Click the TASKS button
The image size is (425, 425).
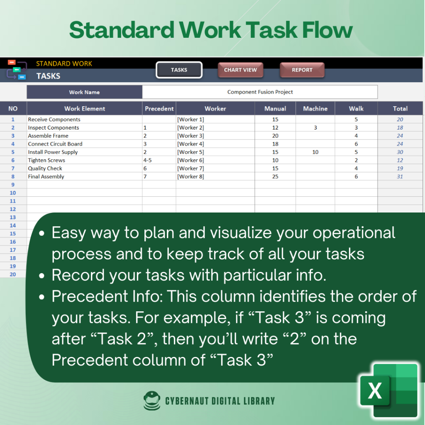pyautogui.click(x=179, y=70)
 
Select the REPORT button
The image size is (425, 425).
pyautogui.click(x=302, y=70)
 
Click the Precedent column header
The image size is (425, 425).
pyautogui.click(x=159, y=109)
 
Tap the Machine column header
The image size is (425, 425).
pyautogui.click(x=315, y=109)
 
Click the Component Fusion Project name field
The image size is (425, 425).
pyautogui.click(x=260, y=92)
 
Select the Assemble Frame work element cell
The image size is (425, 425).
pyautogui.click(x=85, y=136)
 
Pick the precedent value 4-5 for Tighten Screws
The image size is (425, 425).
pyautogui.click(x=147, y=160)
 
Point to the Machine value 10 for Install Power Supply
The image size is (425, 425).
pyautogui.click(x=315, y=152)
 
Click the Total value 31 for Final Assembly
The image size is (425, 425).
pyautogui.click(x=400, y=176)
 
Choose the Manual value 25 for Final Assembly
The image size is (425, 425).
pyautogui.click(x=275, y=176)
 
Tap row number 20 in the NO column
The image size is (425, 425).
pyautogui.click(x=13, y=274)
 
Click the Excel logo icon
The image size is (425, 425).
pyautogui.click(x=388, y=391)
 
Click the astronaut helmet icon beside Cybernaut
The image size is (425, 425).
pyautogui.click(x=152, y=401)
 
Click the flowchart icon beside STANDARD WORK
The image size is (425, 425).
pyautogui.click(x=17, y=69)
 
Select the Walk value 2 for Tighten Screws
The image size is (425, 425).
pyautogui.click(x=356, y=160)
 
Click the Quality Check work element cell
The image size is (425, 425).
pyautogui.click(x=85, y=169)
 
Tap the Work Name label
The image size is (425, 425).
pyautogui.click(x=84, y=92)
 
